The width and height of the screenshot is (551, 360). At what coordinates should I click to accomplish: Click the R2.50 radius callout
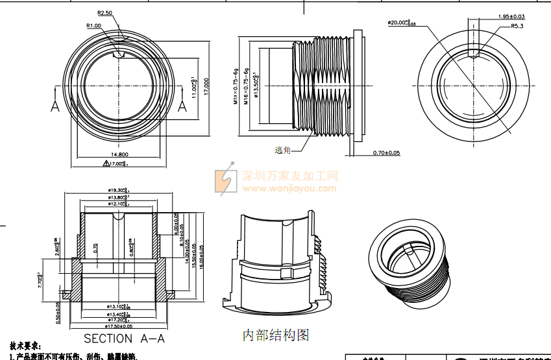click(104, 12)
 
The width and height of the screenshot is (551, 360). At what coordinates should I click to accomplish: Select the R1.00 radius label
click(93, 25)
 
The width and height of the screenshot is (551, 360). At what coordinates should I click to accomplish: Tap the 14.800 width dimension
click(119, 154)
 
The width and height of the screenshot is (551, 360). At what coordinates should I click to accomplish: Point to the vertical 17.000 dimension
click(206, 86)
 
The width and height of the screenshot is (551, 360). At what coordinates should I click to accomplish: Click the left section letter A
click(55, 106)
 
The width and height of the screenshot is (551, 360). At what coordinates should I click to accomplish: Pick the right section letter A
click(182, 106)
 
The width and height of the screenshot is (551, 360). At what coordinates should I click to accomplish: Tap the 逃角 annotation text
click(282, 150)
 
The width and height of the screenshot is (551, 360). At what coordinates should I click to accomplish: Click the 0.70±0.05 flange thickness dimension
click(387, 153)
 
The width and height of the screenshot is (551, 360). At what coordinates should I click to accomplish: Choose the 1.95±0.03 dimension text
click(511, 16)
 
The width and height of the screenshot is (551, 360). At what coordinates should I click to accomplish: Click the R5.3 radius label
click(517, 26)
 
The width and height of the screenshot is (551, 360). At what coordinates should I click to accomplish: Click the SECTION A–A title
click(124, 339)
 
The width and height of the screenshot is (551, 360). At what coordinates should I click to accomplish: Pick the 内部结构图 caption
click(276, 335)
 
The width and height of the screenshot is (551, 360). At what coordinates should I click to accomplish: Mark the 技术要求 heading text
click(26, 347)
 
